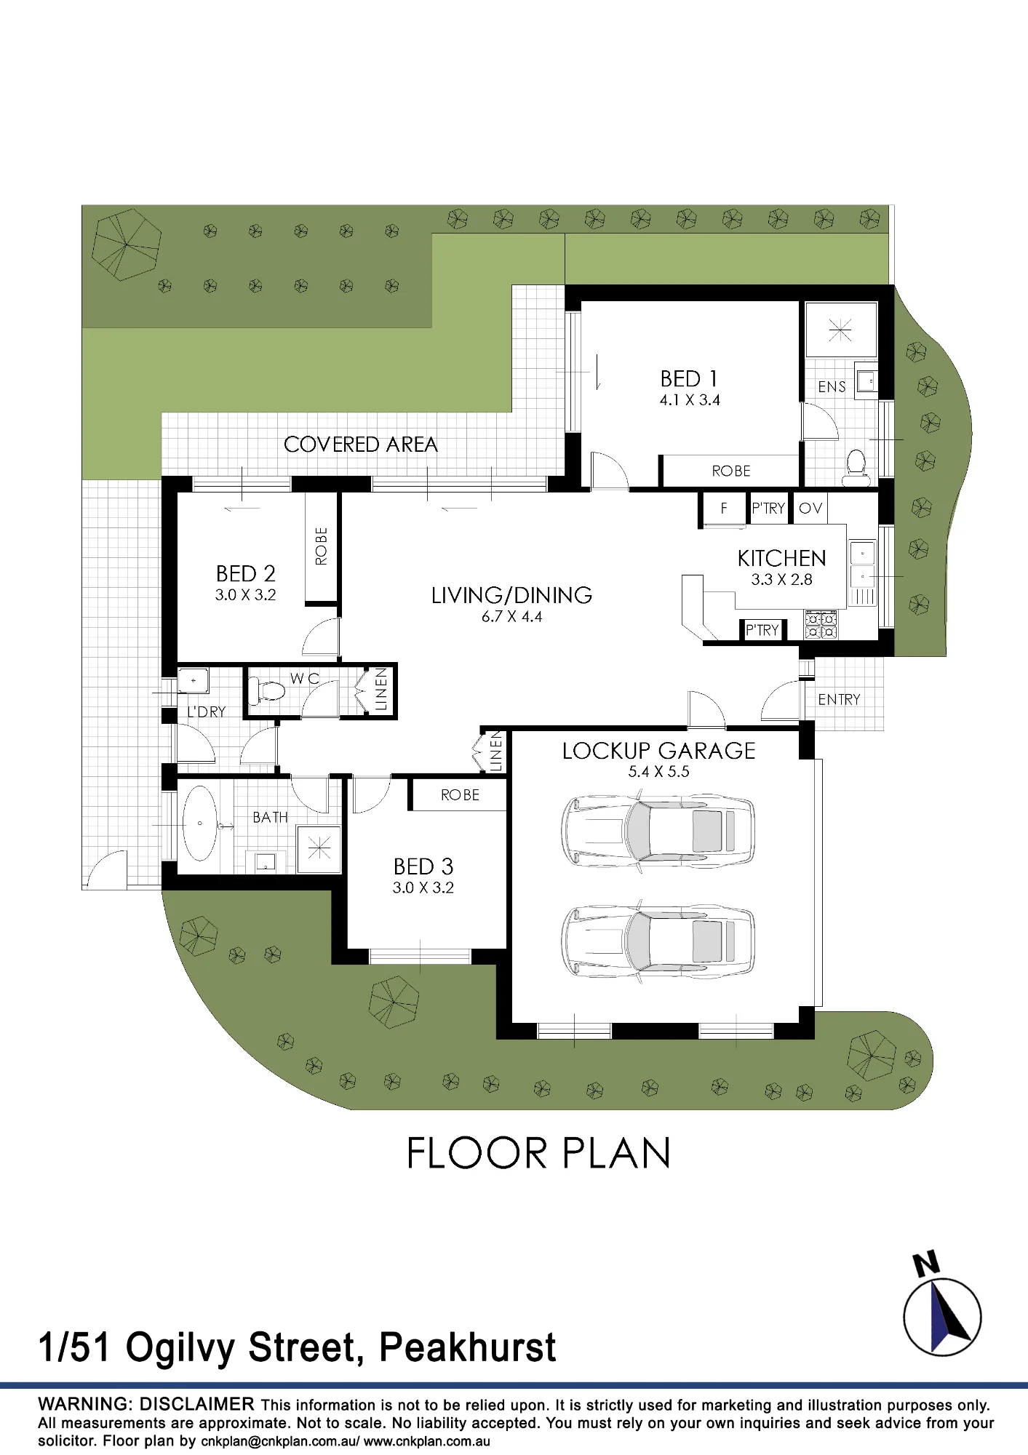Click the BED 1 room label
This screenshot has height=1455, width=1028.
(688, 379)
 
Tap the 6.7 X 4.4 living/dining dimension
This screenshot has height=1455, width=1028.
(511, 617)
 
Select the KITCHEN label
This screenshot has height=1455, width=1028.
(781, 558)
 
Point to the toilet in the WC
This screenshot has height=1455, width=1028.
(266, 690)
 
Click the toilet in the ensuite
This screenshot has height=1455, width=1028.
(856, 468)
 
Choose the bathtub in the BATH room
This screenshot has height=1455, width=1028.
(199, 823)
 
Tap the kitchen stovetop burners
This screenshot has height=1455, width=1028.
(820, 625)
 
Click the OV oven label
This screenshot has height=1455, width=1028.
(810, 508)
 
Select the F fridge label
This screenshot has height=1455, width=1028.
(724, 508)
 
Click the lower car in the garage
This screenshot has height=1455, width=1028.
(658, 941)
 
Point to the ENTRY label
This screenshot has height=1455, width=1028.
(839, 699)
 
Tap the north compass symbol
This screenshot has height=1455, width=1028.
(942, 1307)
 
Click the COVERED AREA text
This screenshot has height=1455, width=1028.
(360, 445)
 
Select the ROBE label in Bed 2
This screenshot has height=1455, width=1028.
(321, 546)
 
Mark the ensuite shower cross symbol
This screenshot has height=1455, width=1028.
(840, 331)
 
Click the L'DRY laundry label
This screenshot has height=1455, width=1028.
(206, 711)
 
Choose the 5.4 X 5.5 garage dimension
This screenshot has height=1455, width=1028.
(658, 772)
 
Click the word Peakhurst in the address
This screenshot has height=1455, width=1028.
(467, 1347)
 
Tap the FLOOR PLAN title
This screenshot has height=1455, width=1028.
(538, 1154)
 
